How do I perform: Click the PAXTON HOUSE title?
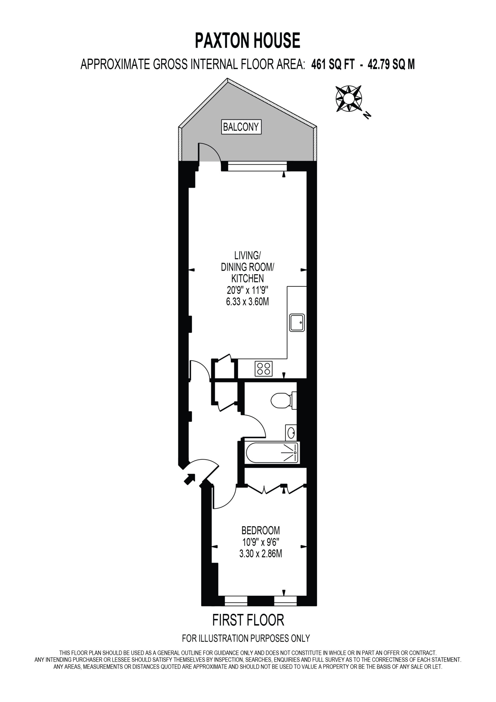[x=247, y=41]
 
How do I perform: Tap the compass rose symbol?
[x=349, y=98]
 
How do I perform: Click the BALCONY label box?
[x=241, y=127]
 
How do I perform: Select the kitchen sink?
[x=297, y=322]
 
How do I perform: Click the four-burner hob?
[x=263, y=369]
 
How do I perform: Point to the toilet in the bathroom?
[x=284, y=400]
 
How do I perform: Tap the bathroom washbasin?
[x=291, y=433]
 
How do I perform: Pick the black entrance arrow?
[x=189, y=479]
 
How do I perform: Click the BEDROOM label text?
[x=260, y=530]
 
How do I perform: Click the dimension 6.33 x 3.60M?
[x=247, y=302]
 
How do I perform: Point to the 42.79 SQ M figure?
[x=391, y=64]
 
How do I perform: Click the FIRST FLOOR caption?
[x=248, y=620]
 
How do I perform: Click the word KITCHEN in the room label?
[x=247, y=279]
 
